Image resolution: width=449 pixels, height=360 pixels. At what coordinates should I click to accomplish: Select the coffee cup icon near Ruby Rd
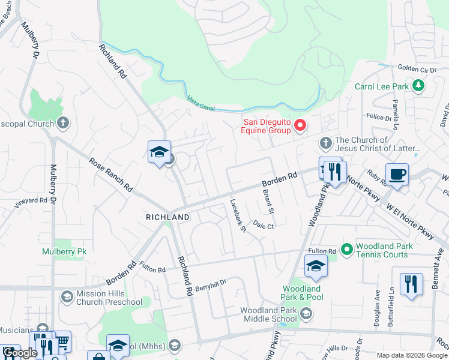pos(397,175)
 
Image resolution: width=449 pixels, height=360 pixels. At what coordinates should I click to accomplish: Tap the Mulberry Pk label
pos(64,251)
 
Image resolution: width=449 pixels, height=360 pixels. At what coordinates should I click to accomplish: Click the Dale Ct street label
pos(263,226)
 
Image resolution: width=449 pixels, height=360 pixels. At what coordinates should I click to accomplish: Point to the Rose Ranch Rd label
pos(111,174)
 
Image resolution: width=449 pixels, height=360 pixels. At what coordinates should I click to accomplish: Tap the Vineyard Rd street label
pos(31,201)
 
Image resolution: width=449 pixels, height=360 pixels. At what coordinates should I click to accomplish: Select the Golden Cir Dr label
pos(417,70)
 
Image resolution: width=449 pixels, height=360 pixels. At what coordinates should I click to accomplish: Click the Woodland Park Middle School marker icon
pos(306,314)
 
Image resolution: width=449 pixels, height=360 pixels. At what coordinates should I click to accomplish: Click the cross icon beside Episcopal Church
pos(63,124)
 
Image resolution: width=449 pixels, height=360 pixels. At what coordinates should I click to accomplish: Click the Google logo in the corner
pos(20,353)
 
